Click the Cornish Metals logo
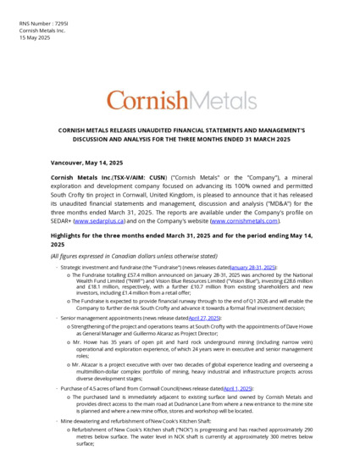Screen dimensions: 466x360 click(x=180, y=101)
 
